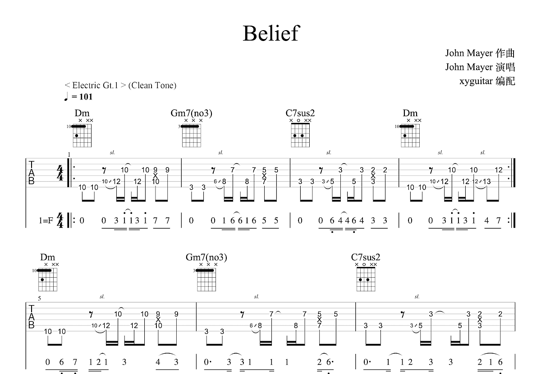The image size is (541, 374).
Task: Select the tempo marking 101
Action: [x=85, y=96]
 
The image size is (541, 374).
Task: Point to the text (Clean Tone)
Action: [x=152, y=85]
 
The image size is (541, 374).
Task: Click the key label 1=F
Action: [x=46, y=221]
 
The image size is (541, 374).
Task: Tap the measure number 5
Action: [x=39, y=298]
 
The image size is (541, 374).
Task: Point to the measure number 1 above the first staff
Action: [x=69, y=155]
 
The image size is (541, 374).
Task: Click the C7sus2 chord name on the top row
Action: [x=300, y=113]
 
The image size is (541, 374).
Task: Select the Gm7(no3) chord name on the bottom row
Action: [x=206, y=257]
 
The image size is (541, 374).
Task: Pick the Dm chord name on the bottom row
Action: [x=47, y=257]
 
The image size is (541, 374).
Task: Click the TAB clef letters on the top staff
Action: [x=32, y=173]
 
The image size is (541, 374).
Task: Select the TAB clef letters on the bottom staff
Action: [x=32, y=317]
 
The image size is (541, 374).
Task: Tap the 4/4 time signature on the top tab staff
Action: [x=60, y=173]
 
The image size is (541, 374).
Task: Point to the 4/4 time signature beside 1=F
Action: [x=60, y=221]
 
